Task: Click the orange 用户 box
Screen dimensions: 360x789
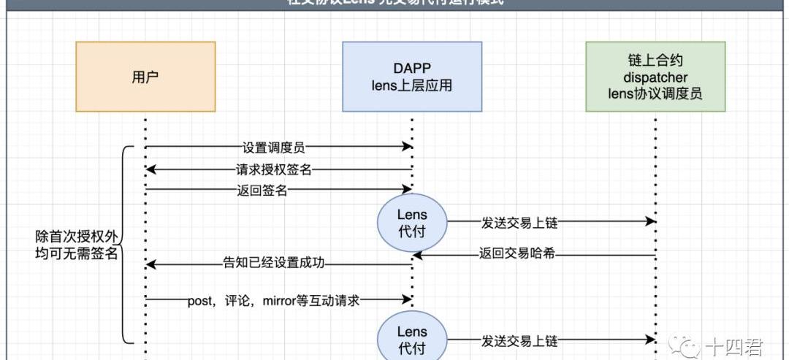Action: click(x=145, y=77)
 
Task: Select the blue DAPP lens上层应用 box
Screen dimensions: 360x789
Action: click(x=411, y=77)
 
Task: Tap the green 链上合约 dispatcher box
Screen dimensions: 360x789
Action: click(x=655, y=77)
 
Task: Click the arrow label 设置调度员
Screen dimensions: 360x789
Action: click(x=273, y=147)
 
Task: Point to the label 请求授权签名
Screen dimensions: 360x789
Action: click(x=273, y=169)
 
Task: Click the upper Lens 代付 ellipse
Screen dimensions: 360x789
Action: click(x=411, y=223)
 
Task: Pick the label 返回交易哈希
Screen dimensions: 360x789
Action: click(x=521, y=255)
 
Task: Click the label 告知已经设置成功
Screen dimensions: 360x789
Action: click(x=273, y=263)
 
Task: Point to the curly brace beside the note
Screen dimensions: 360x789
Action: click(x=126, y=245)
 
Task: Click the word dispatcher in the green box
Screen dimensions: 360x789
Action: click(x=655, y=77)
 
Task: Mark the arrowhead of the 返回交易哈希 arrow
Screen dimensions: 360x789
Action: click(x=416, y=255)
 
